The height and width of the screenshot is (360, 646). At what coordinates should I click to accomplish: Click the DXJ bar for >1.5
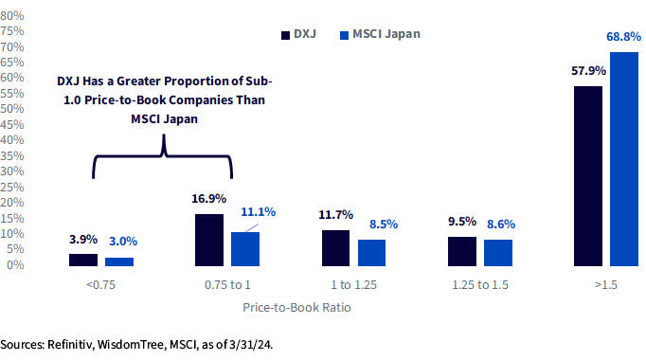coord(587,176)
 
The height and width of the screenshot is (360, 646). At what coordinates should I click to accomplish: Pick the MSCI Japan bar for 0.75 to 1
coord(245,248)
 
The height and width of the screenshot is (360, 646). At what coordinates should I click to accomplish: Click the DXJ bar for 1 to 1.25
coord(336,247)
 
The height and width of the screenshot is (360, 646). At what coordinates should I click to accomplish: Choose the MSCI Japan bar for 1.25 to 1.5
coord(498,252)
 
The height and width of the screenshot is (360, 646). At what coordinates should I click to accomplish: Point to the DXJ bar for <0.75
coord(83,260)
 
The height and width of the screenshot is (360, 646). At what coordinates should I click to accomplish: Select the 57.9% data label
coord(587,71)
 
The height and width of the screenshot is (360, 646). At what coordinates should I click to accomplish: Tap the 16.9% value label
coord(209,199)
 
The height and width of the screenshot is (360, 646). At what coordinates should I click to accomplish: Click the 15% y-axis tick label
coord(12,218)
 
